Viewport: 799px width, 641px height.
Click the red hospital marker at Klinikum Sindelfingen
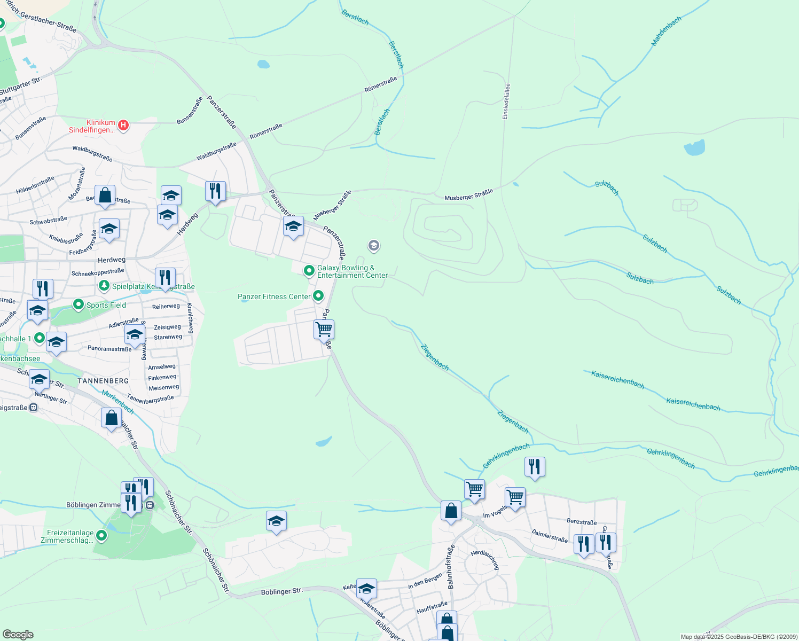point(123,126)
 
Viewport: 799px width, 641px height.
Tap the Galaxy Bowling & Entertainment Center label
point(352,271)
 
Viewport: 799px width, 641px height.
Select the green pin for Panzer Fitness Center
point(318,295)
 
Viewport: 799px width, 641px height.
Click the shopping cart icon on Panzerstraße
point(324,329)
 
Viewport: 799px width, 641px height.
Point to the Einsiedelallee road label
point(506,101)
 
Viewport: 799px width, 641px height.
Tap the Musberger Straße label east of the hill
point(468,195)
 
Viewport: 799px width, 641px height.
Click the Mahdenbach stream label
point(666,31)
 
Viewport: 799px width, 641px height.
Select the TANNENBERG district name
point(103,381)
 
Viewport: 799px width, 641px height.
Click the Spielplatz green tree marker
point(104,286)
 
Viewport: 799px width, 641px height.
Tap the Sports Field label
point(106,305)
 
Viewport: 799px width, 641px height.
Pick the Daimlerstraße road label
point(550,535)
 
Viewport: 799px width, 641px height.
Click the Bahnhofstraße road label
point(450,567)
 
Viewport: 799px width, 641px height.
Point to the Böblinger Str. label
point(281,592)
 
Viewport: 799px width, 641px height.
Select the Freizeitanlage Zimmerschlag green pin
point(100,535)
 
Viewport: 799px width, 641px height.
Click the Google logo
point(18,635)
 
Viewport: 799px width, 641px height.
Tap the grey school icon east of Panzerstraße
point(373,246)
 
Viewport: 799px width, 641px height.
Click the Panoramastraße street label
point(109,349)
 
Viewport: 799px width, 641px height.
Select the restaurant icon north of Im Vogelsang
point(534,466)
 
